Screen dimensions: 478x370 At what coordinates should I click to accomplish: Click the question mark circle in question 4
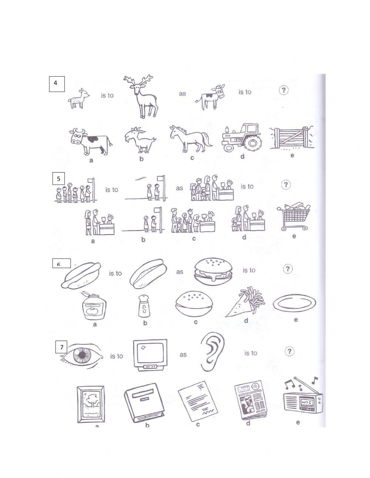283,90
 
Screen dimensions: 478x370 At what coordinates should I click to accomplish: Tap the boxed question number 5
58,179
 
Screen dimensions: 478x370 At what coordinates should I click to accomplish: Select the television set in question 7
150,355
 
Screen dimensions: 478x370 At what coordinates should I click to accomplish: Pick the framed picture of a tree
90,404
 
